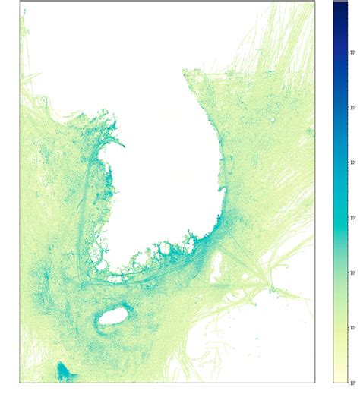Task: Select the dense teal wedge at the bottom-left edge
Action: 64,371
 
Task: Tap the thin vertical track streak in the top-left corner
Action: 24,23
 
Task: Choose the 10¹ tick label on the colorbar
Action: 352,326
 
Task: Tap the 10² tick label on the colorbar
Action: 352,272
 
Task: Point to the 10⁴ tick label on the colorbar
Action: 352,162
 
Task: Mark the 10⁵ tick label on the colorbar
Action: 352,107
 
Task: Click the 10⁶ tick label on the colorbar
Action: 352,52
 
